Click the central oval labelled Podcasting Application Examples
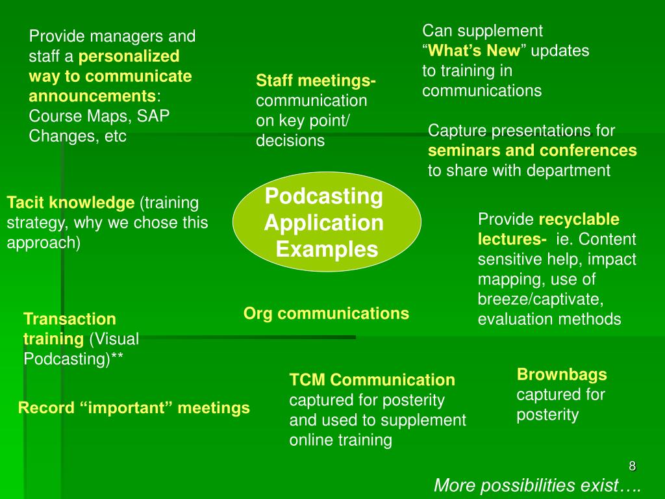[x=327, y=223]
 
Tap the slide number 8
[x=632, y=466]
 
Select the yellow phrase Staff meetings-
[x=316, y=81]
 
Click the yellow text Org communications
[x=326, y=314]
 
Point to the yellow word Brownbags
[x=562, y=374]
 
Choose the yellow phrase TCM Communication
[x=372, y=380]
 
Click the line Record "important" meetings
[x=134, y=408]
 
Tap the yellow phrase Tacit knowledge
[x=70, y=203]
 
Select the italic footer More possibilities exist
[x=537, y=485]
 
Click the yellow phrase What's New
[x=474, y=51]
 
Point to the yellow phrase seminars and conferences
[x=532, y=151]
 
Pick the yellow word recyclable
[x=579, y=220]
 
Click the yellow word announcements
[x=92, y=97]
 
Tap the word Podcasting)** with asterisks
[x=73, y=359]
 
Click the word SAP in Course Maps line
[x=156, y=116]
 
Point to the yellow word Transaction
[x=69, y=319]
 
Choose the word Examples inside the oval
[x=327, y=249]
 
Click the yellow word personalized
[x=129, y=56]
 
